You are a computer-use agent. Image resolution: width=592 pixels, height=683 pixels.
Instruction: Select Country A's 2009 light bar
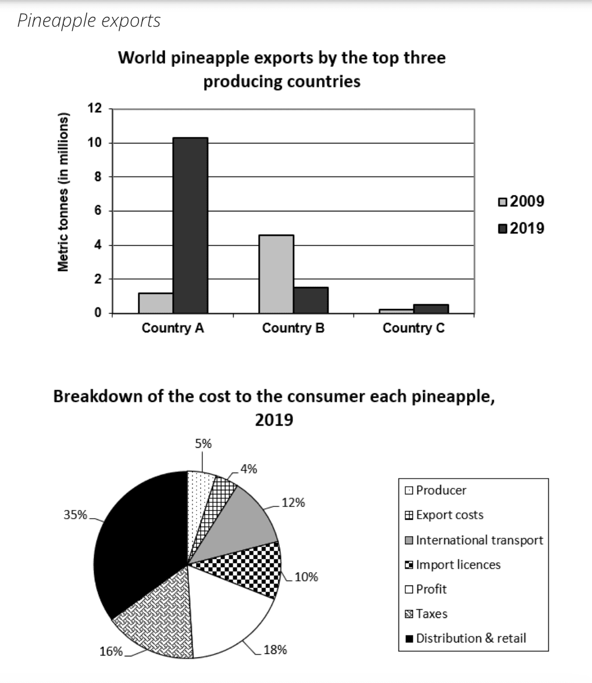coord(156,303)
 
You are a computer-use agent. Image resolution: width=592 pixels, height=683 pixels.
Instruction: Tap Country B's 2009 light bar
coord(276,274)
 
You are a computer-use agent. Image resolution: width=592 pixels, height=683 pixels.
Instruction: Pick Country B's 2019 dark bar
coord(311,300)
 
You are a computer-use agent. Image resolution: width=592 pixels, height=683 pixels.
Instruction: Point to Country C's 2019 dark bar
coord(431,308)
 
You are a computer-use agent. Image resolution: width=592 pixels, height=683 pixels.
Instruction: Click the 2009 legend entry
coord(522,202)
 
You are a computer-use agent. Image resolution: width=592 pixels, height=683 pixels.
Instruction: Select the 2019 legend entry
coord(522,228)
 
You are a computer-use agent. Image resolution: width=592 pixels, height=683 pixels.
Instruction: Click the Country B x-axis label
coord(293,328)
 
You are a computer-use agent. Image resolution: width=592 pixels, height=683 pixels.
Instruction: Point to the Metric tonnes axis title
coord(63,191)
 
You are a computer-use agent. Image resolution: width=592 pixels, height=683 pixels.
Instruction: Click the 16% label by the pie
coord(110,651)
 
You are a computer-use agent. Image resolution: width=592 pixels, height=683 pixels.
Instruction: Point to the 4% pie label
coord(248,469)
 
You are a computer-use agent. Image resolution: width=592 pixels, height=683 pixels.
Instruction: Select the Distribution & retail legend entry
coord(465,638)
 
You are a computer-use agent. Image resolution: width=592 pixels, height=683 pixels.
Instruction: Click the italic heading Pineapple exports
coord(88,21)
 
